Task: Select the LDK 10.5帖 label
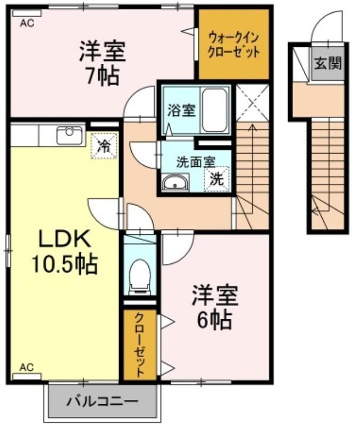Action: [65, 251]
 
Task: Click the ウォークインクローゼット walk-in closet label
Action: [233, 45]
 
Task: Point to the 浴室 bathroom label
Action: [181, 110]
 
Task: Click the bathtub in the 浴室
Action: [214, 110]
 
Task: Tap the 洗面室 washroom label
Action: [196, 162]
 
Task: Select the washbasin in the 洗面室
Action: [175, 183]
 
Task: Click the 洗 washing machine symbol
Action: [217, 178]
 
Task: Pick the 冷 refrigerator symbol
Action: [104, 146]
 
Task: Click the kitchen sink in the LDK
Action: [70, 135]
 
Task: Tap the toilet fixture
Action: [140, 277]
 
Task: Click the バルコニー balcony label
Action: [102, 401]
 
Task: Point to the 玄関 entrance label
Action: [328, 64]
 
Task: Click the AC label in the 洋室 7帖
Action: [27, 23]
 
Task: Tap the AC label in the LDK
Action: [27, 367]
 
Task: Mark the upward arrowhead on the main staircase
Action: [253, 126]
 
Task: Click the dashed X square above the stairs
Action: [252, 103]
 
